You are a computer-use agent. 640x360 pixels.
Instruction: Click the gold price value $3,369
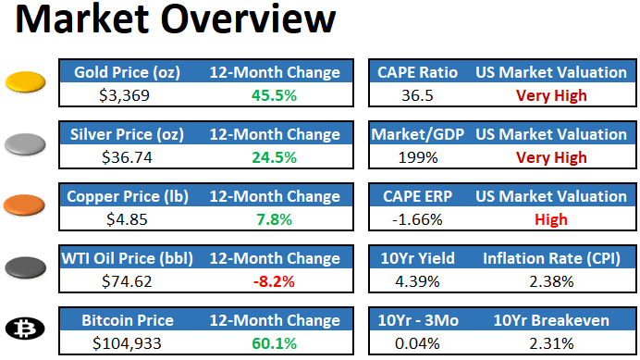point(124,95)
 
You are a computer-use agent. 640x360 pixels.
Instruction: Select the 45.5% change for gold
point(274,95)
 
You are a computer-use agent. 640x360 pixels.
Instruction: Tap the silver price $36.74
point(127,157)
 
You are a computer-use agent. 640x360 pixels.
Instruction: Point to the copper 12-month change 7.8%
point(274,220)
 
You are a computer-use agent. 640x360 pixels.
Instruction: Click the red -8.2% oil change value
point(274,281)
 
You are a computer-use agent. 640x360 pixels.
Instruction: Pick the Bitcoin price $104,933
point(127,343)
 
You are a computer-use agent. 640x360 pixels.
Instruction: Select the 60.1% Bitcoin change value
point(274,343)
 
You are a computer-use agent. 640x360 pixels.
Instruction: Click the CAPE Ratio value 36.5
point(417,95)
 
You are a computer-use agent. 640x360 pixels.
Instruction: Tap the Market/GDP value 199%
point(417,157)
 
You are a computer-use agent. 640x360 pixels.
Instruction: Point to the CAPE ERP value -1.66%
point(417,220)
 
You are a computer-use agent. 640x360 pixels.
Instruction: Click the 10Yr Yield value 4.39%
point(417,281)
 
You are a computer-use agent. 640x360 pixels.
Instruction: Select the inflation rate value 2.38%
point(551,281)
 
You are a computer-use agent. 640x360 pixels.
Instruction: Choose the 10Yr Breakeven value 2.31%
point(551,343)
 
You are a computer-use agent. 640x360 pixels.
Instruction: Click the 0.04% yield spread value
point(417,343)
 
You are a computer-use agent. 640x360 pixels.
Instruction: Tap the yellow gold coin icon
point(25,82)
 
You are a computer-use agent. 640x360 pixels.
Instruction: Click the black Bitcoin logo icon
point(25,329)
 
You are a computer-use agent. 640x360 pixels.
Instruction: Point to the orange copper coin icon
point(24,205)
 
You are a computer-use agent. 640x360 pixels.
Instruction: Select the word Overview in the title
point(248,19)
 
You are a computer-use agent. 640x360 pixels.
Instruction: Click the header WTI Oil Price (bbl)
point(127,258)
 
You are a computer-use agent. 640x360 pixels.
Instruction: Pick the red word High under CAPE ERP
point(551,220)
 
